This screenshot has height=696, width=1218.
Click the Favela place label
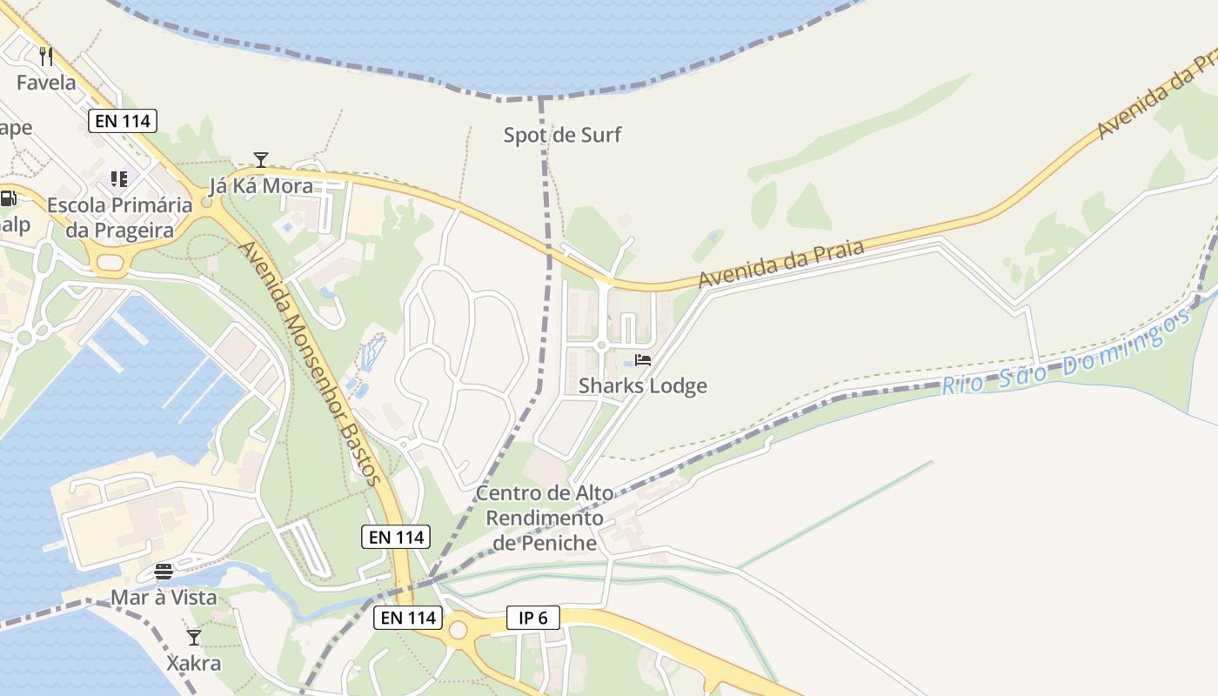47,83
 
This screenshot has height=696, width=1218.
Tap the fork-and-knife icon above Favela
47,57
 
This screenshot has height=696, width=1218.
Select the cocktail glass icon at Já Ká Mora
260,159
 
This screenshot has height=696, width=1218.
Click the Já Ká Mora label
261,185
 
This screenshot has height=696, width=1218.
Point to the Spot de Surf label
563,135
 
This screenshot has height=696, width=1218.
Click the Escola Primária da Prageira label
120,217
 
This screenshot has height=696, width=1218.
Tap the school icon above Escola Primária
118,179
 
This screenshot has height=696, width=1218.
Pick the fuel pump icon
8,198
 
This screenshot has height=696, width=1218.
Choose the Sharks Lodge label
643,385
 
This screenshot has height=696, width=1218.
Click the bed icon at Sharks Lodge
643,359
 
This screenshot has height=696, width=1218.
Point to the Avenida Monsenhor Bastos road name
309,363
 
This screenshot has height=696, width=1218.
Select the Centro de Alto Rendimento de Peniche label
545,519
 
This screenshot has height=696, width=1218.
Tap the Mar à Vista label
164,598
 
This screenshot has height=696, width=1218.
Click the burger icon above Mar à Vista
164,571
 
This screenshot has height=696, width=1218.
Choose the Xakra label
194,664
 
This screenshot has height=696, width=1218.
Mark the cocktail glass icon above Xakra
194,638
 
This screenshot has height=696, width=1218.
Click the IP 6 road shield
532,618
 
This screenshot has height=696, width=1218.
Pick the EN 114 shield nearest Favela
123,121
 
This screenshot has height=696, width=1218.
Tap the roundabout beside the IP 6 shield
458,630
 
